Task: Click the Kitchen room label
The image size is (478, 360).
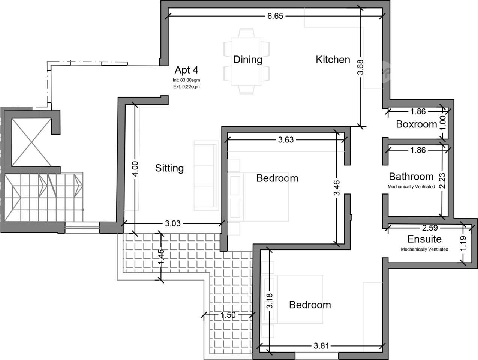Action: (x=333, y=60)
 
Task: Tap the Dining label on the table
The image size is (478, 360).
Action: (x=247, y=60)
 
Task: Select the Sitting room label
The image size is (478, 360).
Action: (x=169, y=168)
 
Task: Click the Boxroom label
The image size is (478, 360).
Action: (x=417, y=124)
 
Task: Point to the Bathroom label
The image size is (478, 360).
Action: (x=411, y=177)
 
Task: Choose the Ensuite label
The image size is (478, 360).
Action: (x=424, y=239)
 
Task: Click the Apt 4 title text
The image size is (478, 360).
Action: (x=186, y=70)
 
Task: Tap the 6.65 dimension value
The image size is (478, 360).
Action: (x=275, y=16)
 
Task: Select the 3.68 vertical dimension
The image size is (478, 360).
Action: (x=360, y=67)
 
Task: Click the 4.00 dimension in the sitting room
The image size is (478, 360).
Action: (x=135, y=169)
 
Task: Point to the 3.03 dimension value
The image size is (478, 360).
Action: (x=173, y=223)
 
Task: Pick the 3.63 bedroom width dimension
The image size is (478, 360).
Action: (x=286, y=140)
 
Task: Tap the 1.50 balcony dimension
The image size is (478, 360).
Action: (x=228, y=315)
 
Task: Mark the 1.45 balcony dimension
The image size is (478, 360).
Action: (x=161, y=257)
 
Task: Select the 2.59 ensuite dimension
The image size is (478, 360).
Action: (x=430, y=228)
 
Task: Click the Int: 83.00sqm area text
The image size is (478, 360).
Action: (x=186, y=80)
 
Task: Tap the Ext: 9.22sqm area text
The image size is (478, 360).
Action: (x=186, y=87)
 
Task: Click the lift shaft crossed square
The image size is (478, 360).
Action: (x=32, y=142)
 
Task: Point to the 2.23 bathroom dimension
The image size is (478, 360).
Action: (x=442, y=181)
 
